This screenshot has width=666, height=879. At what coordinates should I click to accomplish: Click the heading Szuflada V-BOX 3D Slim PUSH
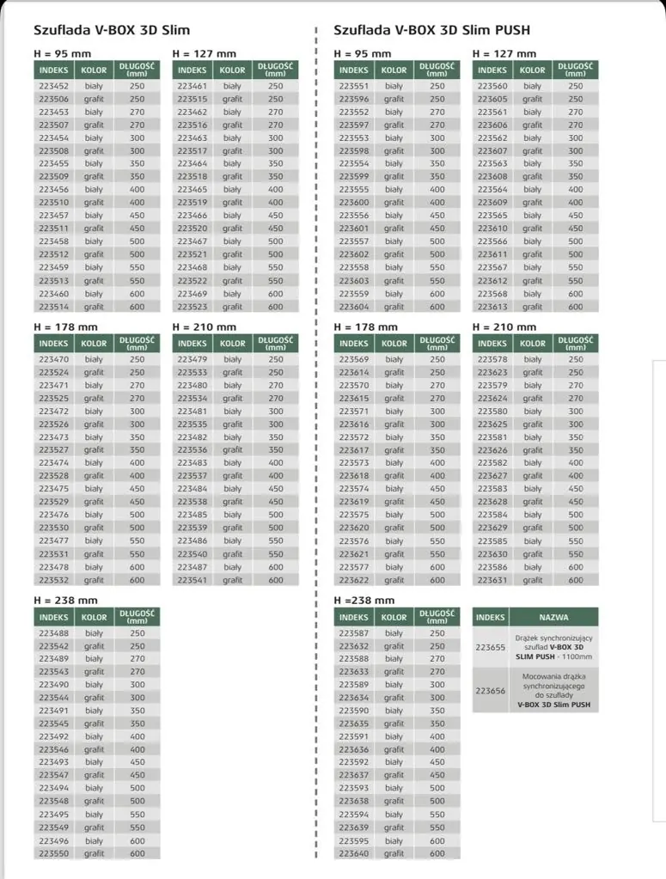(431, 30)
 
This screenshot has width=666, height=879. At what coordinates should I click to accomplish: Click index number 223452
(53, 86)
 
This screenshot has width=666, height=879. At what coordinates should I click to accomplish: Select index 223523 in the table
(192, 307)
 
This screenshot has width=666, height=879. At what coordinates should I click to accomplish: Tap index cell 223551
(353, 86)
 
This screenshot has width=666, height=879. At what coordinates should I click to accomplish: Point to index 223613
(492, 307)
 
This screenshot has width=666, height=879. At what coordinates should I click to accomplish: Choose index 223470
(53, 359)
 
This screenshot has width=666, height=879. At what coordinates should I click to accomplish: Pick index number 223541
(192, 580)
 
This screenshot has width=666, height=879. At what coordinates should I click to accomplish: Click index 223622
(353, 580)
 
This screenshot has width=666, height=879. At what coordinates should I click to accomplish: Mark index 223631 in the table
(492, 580)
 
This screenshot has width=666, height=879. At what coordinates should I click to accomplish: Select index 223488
(53, 633)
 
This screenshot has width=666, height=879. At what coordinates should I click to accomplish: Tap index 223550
(53, 854)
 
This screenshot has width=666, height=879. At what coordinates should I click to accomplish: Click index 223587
(353, 633)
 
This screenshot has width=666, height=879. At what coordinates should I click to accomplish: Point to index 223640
(353, 854)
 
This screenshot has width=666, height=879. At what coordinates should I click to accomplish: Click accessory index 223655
(491, 646)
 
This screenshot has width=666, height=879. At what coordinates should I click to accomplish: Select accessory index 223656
(491, 691)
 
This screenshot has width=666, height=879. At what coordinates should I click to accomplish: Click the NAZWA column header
(553, 617)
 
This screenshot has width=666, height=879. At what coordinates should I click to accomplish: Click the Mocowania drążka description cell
(553, 691)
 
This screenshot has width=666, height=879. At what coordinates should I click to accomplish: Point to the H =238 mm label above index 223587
(364, 601)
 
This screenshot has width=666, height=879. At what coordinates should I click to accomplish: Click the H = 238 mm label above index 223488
(65, 601)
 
